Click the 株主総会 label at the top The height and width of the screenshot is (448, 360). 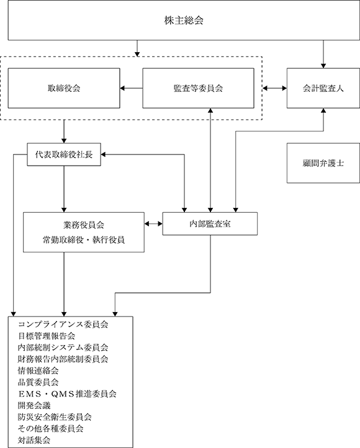click(184, 20)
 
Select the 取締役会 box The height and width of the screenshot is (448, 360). click(64, 88)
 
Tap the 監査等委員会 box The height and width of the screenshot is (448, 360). click(198, 88)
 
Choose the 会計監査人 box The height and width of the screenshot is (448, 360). click(323, 88)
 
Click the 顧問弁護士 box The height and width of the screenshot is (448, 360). click(323, 163)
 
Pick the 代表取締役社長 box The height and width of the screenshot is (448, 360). click(64, 155)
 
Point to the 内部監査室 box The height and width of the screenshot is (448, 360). click(210, 224)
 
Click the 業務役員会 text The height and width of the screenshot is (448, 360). click(83, 225)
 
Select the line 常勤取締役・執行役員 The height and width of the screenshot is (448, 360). click(83, 240)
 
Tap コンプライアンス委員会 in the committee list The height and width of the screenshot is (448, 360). click(63, 325)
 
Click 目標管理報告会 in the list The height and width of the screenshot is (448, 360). click(47, 336)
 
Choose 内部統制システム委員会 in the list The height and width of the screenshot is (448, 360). click(63, 347)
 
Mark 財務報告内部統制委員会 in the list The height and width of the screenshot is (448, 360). click(63, 359)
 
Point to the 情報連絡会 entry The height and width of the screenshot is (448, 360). click(38, 370)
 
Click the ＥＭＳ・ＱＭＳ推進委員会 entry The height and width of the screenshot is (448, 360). click(67, 394)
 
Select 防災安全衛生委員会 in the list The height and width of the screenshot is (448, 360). click(55, 417)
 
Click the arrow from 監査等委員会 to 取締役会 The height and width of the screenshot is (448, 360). click(131, 88)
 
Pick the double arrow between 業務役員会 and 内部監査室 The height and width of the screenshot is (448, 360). click(153, 224)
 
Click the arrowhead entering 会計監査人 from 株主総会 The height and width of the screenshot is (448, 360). click(323, 66)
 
